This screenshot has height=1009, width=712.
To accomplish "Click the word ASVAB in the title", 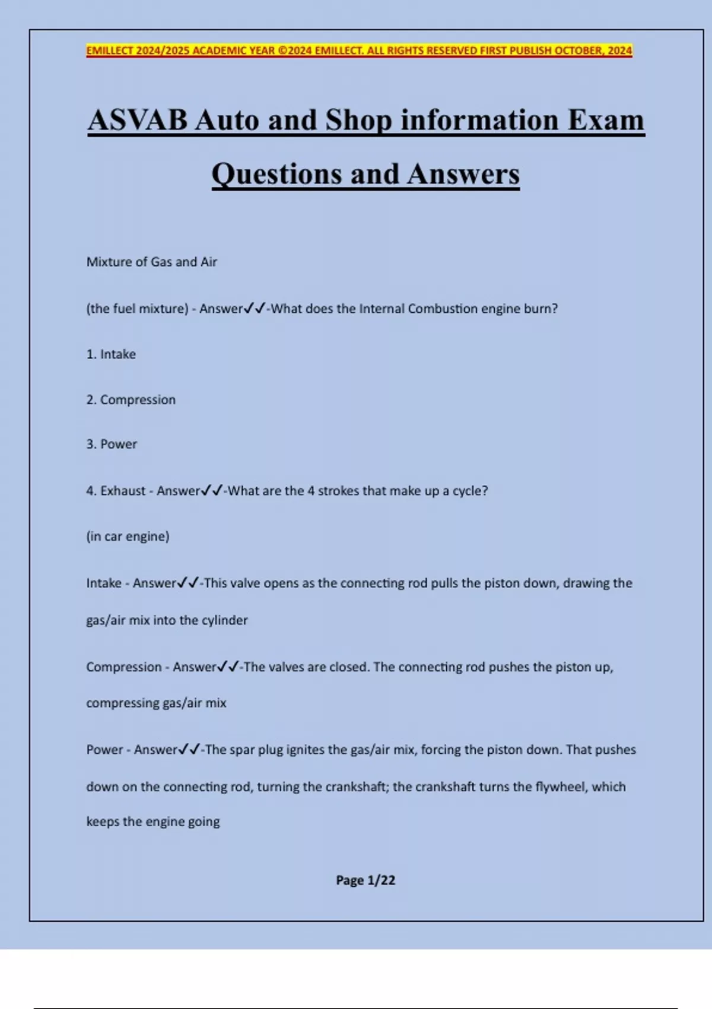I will (x=138, y=120).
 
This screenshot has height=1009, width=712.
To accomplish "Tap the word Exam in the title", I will (x=606, y=120).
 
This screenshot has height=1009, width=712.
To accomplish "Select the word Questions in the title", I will (x=276, y=174).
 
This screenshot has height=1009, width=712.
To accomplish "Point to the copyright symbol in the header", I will (x=282, y=50).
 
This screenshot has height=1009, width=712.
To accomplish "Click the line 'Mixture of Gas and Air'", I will (x=152, y=262).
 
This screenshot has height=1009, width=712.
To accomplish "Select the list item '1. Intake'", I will (x=111, y=354).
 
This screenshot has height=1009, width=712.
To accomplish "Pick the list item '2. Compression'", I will (x=131, y=400).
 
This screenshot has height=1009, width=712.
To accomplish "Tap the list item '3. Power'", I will (x=112, y=445).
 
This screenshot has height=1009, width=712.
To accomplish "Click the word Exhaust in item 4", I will (x=123, y=491).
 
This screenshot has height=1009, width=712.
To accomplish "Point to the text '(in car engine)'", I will (x=128, y=537).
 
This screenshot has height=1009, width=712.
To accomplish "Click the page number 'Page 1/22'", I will (x=365, y=880).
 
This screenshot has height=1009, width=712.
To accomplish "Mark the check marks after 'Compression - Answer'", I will (x=228, y=667).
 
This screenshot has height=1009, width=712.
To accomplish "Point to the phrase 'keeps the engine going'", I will (x=153, y=822).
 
